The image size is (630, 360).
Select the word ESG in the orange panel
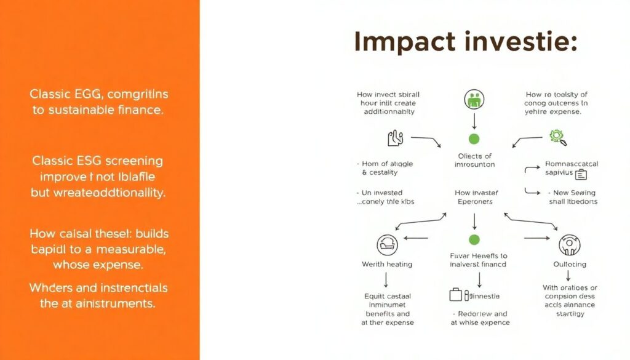89,161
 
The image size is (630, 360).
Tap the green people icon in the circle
474,99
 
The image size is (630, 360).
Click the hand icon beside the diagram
394,138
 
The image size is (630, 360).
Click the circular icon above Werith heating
387,245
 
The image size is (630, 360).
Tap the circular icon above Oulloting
569,245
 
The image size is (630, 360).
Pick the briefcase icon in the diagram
455,295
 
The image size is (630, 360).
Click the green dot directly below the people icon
474,138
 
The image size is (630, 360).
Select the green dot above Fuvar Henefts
474,239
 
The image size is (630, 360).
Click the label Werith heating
387,264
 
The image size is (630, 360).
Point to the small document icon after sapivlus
581,174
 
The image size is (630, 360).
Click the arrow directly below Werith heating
386,281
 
